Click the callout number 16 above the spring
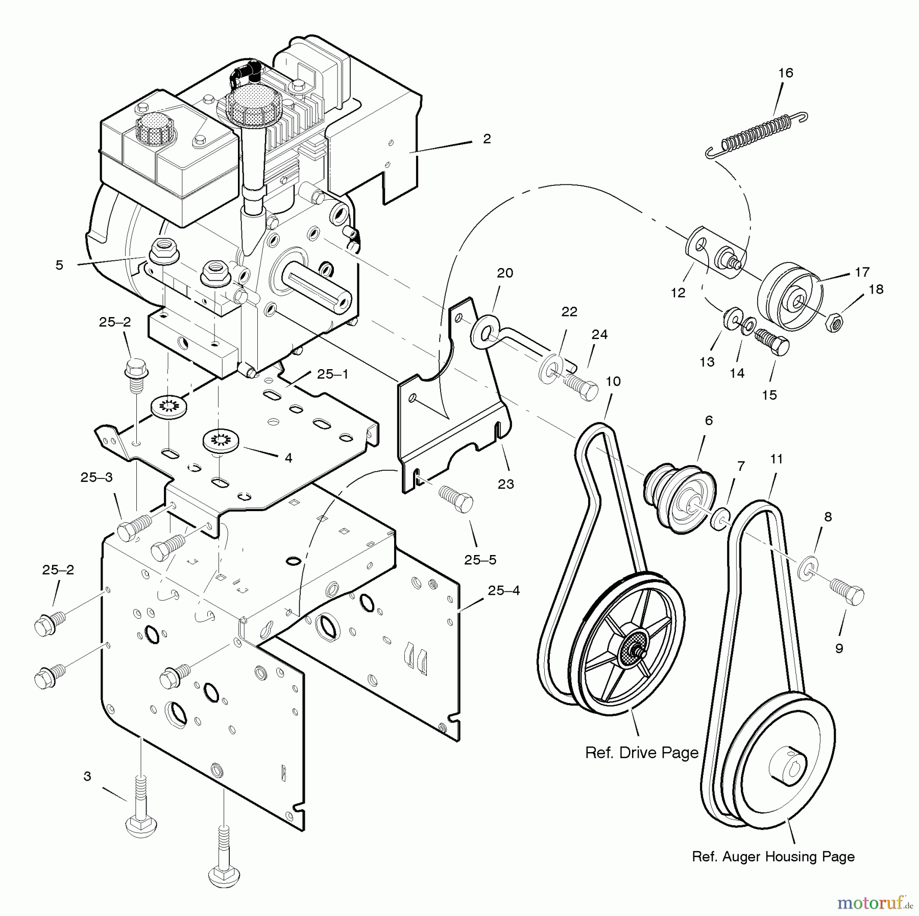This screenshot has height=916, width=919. click(x=786, y=74)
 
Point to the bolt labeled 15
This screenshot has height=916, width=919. click(x=772, y=344)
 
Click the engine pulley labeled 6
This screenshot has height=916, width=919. click(x=679, y=496)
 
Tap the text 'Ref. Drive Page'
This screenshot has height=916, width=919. click(x=642, y=753)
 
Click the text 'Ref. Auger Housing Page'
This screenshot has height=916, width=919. click(x=773, y=857)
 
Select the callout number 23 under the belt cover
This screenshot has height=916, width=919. click(x=506, y=484)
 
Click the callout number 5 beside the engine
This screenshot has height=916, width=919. click(x=60, y=265)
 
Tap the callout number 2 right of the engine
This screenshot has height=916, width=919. click(x=487, y=139)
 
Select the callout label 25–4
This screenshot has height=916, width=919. click(x=503, y=591)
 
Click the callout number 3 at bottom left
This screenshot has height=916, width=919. click(x=87, y=777)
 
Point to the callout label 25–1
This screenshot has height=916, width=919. click(x=332, y=374)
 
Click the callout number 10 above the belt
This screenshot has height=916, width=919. click(x=613, y=381)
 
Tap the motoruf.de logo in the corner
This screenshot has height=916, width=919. click(x=874, y=904)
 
